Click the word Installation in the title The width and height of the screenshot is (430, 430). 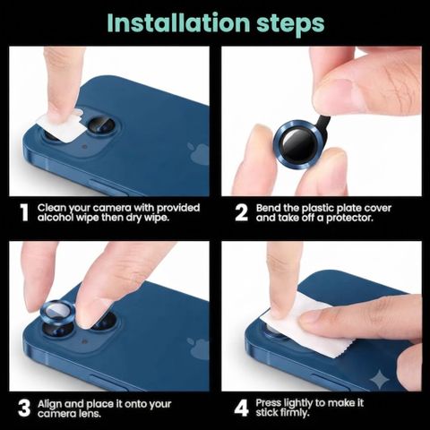(x=178, y=22)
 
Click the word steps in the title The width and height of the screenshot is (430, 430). (x=290, y=25)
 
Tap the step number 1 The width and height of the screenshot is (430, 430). (x=24, y=212)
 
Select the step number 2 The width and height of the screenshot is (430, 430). (x=241, y=212)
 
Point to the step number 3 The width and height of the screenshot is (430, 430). (x=24, y=408)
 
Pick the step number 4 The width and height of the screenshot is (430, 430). (x=241, y=408)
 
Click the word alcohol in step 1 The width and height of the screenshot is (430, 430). (x=56, y=218)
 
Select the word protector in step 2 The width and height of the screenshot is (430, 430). (x=349, y=218)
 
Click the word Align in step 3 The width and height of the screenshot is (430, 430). (x=50, y=404)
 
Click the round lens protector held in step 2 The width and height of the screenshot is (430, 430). (x=297, y=144)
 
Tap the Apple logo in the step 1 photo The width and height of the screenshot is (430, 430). (x=199, y=154)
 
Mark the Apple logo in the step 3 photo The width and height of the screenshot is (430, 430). (x=199, y=348)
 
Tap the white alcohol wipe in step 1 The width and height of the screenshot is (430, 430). (x=61, y=125)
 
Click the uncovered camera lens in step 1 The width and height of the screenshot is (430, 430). (x=102, y=125)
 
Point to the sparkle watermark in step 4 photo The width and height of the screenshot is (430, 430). (x=380, y=379)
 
